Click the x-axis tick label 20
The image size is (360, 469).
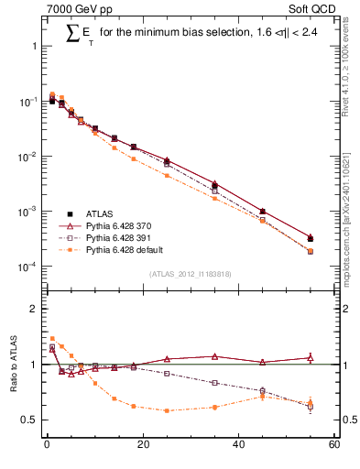142,446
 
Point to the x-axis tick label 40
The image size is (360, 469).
238,446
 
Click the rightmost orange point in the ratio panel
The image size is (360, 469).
311,402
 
